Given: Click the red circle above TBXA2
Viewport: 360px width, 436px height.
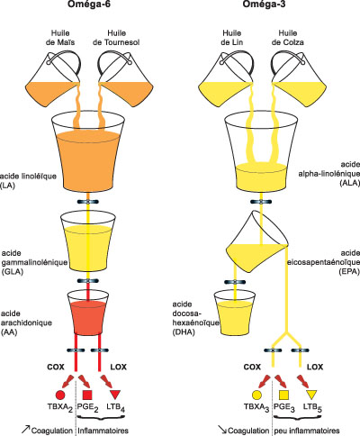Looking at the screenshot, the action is point(60,395).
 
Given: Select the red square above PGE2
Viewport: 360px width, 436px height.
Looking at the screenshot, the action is point(87,395).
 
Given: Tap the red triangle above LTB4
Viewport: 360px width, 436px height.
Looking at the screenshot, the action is point(115,395).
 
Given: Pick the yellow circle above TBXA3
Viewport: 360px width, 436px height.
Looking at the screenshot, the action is point(256,395).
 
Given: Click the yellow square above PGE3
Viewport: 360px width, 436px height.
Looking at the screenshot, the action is point(283,395).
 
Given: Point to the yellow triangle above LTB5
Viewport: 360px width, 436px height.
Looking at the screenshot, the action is point(311,395).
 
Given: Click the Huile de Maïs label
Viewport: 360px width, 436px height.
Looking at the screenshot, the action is point(60,38).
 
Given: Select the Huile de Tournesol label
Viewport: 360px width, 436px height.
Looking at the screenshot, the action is point(116,38).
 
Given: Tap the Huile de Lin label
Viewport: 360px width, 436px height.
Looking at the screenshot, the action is point(232,38).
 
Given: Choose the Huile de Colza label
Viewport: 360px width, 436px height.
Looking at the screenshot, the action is point(288,38).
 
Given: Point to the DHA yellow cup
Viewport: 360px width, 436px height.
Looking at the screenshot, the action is point(234,313).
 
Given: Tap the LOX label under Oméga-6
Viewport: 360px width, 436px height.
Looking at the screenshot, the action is point(119,367).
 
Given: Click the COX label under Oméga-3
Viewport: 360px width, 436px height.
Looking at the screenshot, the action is point(252,367).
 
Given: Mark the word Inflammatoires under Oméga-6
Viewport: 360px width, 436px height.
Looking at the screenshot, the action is point(103,431).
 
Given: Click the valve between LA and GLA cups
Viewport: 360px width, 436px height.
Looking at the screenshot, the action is point(88,202).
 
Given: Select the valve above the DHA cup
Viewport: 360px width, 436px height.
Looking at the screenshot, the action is point(235,282).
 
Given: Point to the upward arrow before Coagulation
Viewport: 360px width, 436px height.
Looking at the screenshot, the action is point(26,429).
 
